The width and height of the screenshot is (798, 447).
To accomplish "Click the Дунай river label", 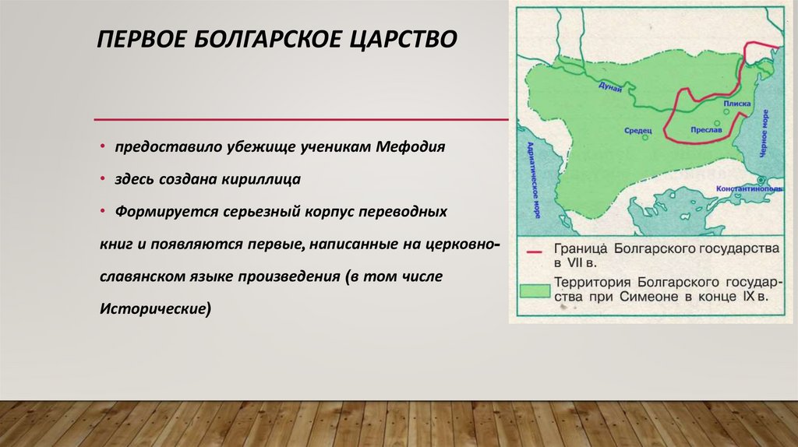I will click(611, 87).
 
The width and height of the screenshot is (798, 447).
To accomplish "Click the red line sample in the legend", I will click(535, 252).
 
